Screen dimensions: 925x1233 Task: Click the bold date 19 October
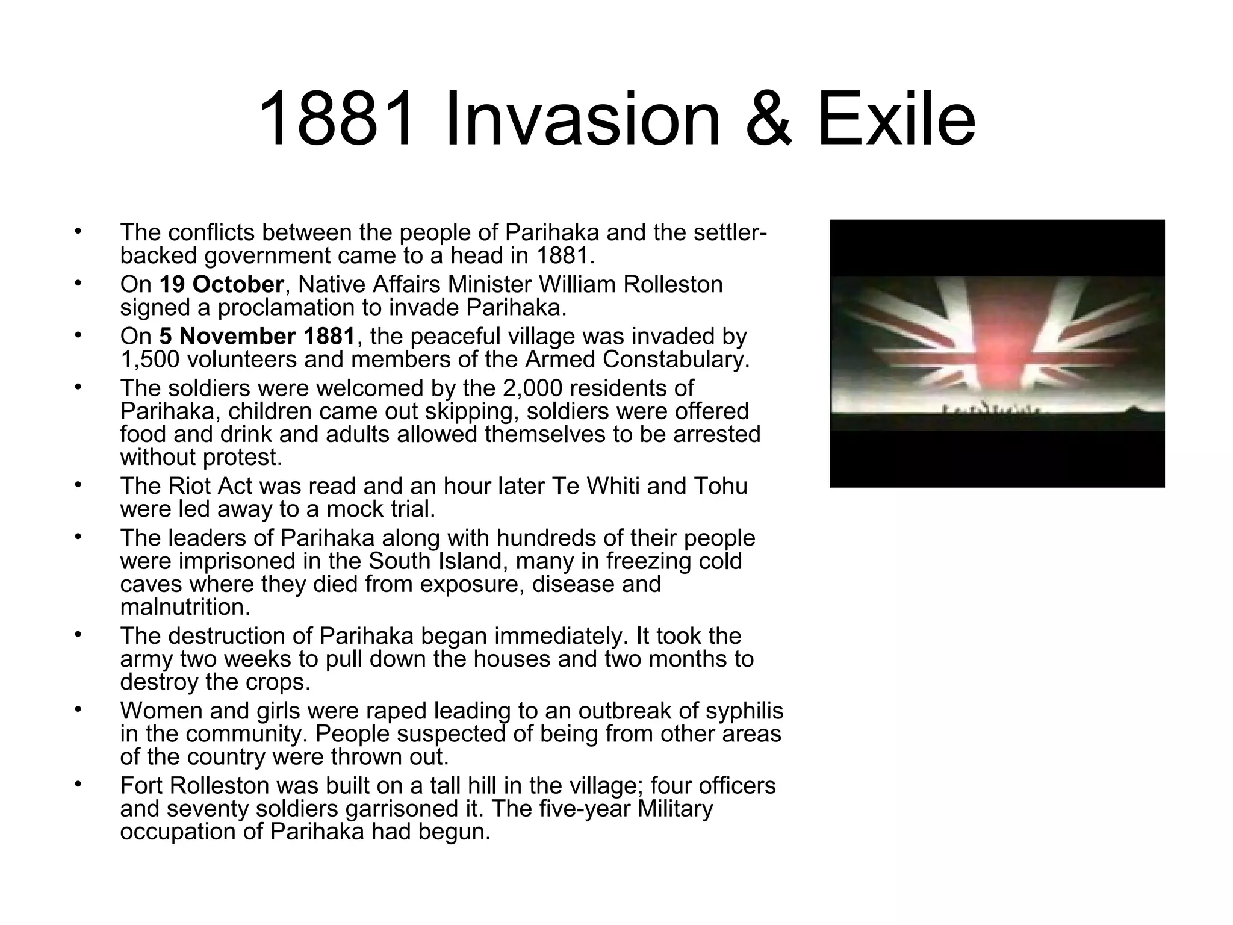coord(221,284)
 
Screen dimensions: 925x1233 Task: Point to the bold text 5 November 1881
coord(258,336)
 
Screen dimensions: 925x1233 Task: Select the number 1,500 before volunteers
coord(150,360)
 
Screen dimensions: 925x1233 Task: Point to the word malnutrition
coord(184,607)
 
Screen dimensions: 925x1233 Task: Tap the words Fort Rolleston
coord(194,785)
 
